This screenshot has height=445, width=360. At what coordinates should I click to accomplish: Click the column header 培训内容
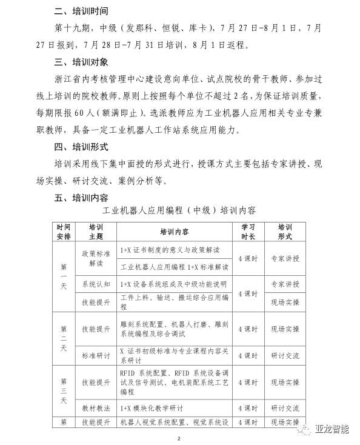[174, 231]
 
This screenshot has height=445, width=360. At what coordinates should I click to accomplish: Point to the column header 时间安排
[64, 231]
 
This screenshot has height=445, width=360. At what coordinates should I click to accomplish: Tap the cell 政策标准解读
[96, 258]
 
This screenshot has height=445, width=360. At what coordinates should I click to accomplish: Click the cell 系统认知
[96, 284]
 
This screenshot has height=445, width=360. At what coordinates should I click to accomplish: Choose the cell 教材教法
[96, 407]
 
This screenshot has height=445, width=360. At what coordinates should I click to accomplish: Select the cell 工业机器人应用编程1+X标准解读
[174, 267]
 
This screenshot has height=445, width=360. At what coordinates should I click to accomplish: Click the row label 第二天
[64, 338]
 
